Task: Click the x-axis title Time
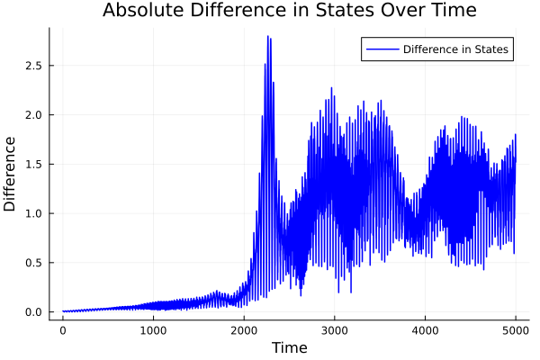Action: coord(289,348)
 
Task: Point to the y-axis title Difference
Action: coord(11,174)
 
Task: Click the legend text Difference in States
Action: coord(455,49)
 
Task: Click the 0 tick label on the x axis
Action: coord(63,330)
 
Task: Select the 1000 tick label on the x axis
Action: coord(153,330)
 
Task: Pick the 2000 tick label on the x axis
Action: coord(244,330)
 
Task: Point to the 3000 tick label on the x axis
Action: coord(334,330)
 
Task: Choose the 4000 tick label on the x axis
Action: coord(425,330)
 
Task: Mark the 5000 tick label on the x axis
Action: coord(516,330)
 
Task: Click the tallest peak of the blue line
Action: coord(267,37)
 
